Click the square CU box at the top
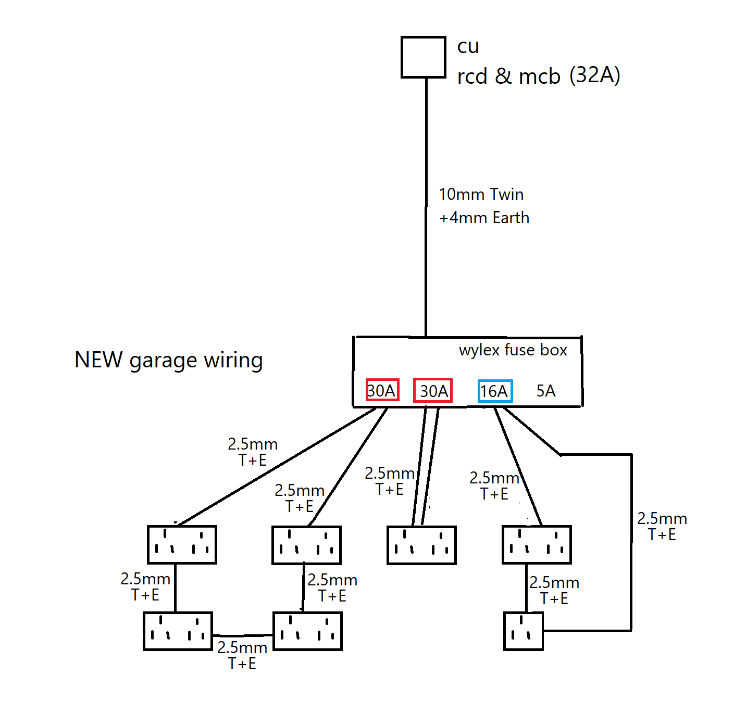(423, 57)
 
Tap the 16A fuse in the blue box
(495, 391)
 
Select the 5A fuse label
(546, 391)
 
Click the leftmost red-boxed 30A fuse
(382, 390)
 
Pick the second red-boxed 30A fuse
(433, 391)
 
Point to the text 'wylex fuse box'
(513, 350)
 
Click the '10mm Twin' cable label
(481, 195)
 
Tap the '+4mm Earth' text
(484, 218)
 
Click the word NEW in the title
(99, 360)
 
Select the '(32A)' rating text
(594, 75)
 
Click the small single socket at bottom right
(523, 631)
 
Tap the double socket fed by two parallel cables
(421, 545)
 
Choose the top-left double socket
(182, 545)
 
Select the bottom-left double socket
(178, 631)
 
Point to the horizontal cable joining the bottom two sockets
(243, 635)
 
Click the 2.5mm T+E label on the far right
(662, 526)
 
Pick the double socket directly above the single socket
(537, 545)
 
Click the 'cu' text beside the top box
(468, 46)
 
